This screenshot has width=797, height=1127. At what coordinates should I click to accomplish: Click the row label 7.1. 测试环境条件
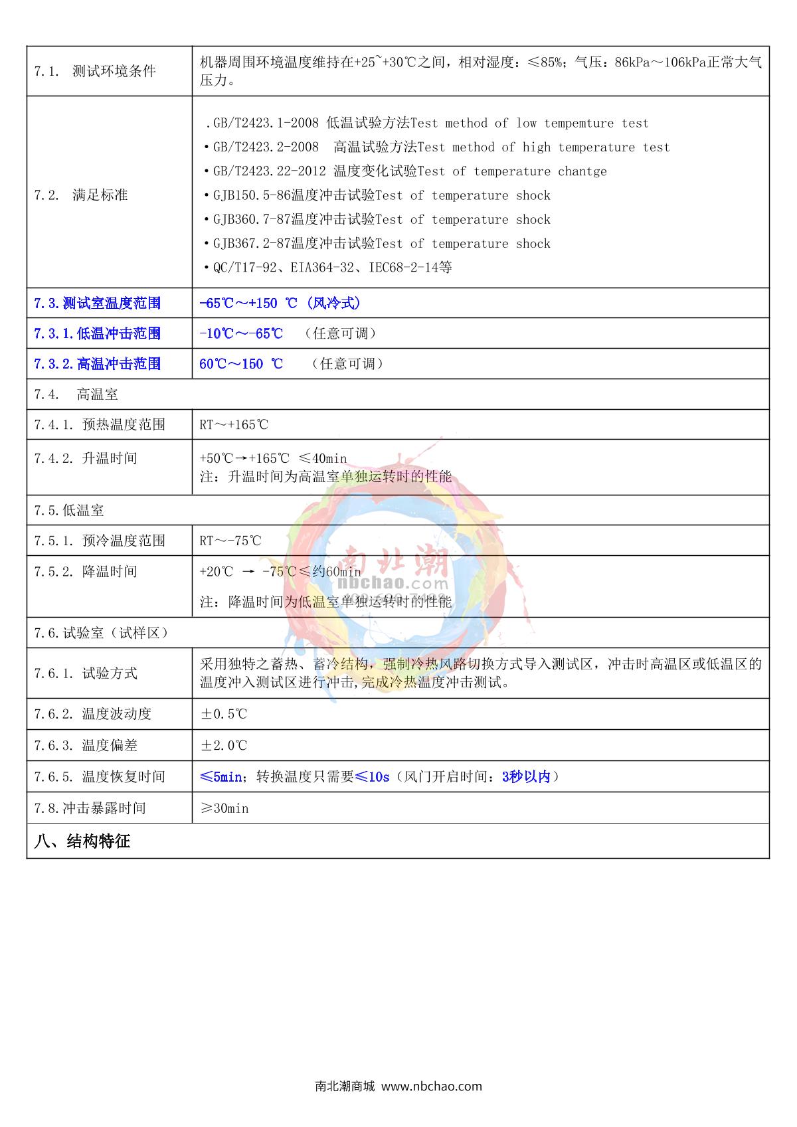[95, 71]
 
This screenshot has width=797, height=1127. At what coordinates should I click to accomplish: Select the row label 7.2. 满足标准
[80, 195]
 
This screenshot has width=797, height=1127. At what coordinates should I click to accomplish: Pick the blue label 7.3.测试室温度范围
[98, 303]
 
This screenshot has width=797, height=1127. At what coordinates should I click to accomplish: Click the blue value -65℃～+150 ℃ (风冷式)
[280, 303]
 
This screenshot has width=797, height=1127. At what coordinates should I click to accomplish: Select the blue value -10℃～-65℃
[241, 333]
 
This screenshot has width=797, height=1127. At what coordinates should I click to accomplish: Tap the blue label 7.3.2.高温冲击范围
[98, 364]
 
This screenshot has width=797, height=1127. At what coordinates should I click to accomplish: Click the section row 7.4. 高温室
[76, 394]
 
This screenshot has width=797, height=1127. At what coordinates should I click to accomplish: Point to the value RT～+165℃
[234, 425]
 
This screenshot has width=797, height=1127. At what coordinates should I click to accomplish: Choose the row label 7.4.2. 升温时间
[86, 458]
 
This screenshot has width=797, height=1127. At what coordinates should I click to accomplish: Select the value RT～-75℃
[230, 541]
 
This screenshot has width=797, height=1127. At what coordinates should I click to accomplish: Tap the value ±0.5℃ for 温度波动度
[224, 715]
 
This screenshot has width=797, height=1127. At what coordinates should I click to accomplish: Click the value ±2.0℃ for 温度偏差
[224, 746]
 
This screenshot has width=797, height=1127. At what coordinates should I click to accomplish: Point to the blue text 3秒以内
[526, 777]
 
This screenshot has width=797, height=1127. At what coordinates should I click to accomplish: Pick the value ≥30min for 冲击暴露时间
[224, 809]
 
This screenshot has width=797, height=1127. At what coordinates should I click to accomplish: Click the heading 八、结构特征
[82, 842]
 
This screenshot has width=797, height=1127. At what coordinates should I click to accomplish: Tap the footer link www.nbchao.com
[432, 1086]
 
